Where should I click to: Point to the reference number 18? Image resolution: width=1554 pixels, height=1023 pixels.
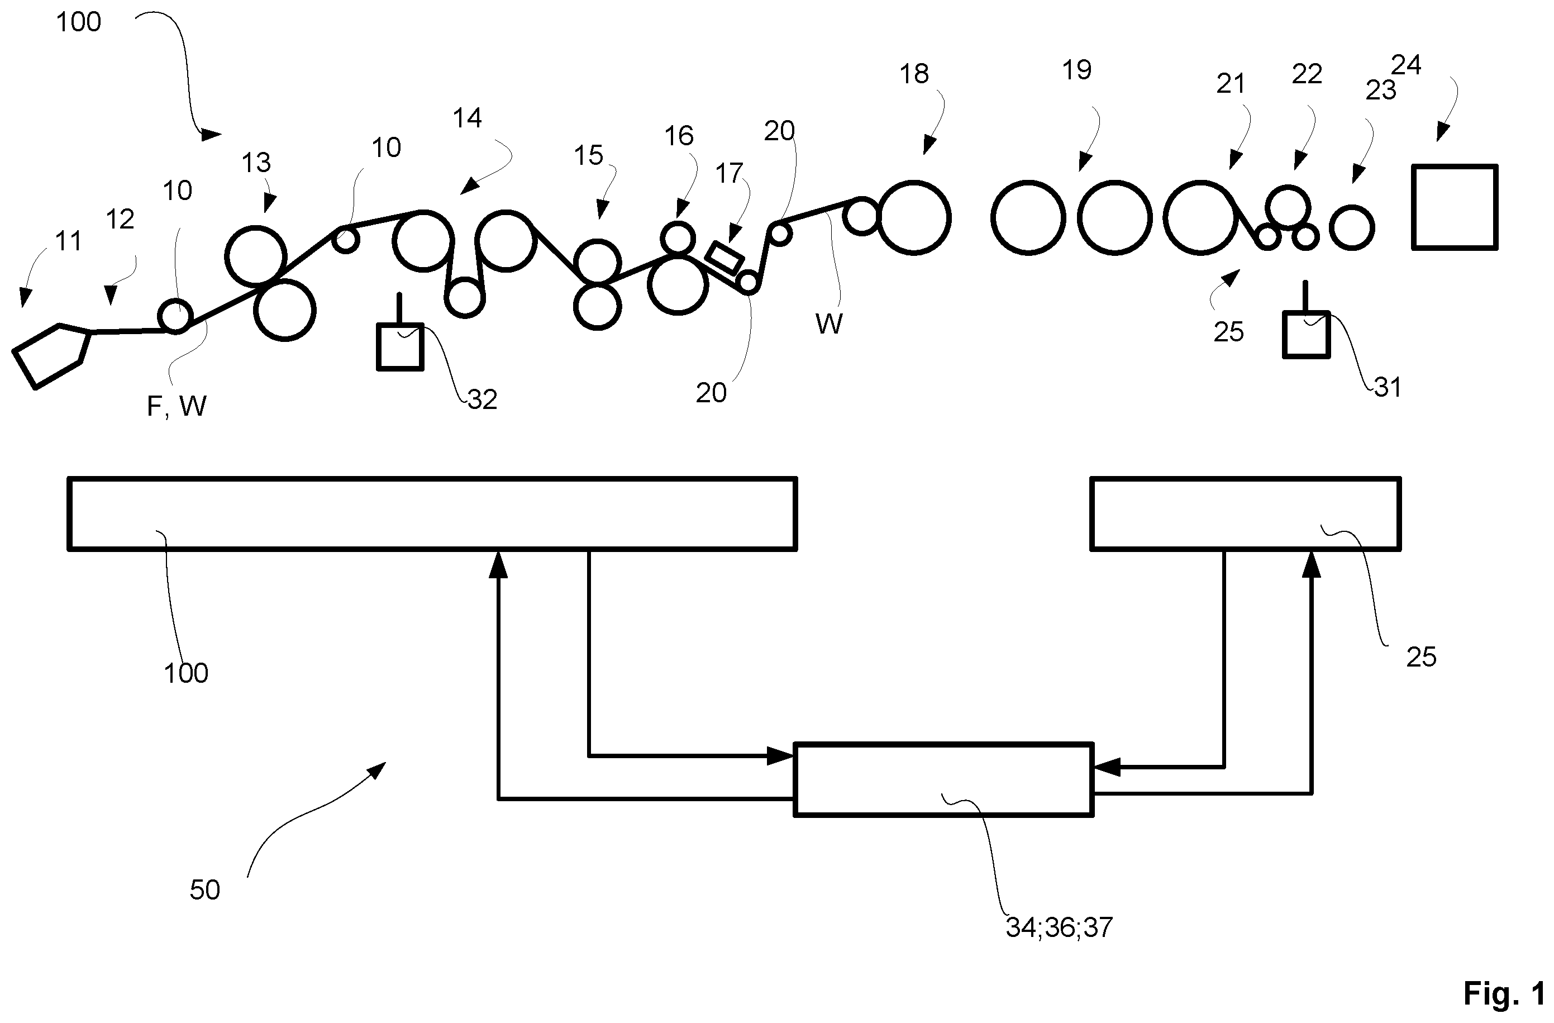click(x=913, y=74)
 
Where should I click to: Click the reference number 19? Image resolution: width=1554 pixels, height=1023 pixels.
click(x=1076, y=70)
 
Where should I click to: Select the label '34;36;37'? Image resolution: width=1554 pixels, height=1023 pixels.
click(x=1059, y=927)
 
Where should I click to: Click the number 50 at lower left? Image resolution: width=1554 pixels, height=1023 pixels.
click(x=204, y=889)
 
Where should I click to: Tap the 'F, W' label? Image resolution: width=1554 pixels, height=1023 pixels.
click(x=177, y=406)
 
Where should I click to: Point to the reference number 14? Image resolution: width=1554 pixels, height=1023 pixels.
click(x=467, y=118)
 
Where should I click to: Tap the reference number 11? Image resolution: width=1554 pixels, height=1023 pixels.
click(x=69, y=242)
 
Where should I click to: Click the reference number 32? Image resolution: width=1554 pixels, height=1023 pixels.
click(x=483, y=399)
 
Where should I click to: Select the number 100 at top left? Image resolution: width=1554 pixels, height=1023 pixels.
click(x=78, y=22)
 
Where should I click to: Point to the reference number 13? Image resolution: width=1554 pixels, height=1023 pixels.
click(x=256, y=163)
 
